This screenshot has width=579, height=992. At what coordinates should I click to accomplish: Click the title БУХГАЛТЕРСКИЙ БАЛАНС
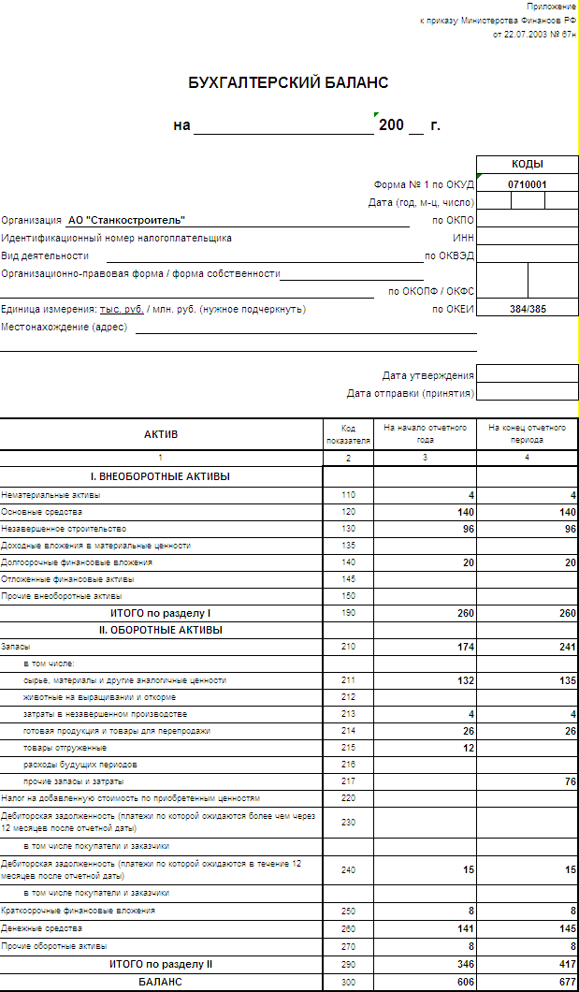(288, 83)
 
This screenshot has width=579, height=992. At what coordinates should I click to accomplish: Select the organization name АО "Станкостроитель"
(126, 220)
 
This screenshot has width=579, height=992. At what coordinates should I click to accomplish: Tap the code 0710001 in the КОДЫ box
(528, 184)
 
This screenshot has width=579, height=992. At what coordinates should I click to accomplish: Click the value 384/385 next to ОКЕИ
(528, 309)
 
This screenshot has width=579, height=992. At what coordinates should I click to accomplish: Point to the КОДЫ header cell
(528, 164)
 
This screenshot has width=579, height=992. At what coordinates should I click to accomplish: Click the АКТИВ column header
(161, 434)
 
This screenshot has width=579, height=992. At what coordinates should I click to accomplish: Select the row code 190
(348, 613)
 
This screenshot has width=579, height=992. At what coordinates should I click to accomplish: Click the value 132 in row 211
(463, 680)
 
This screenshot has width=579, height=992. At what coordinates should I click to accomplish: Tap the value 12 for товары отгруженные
(468, 748)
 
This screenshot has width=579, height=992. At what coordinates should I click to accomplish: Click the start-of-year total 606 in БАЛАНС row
(463, 982)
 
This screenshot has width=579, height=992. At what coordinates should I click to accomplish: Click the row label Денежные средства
(42, 928)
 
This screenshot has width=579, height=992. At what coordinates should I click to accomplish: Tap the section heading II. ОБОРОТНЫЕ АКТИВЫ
(161, 630)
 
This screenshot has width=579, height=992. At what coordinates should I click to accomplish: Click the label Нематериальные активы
(51, 494)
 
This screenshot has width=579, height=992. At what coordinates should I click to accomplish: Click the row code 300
(348, 982)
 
